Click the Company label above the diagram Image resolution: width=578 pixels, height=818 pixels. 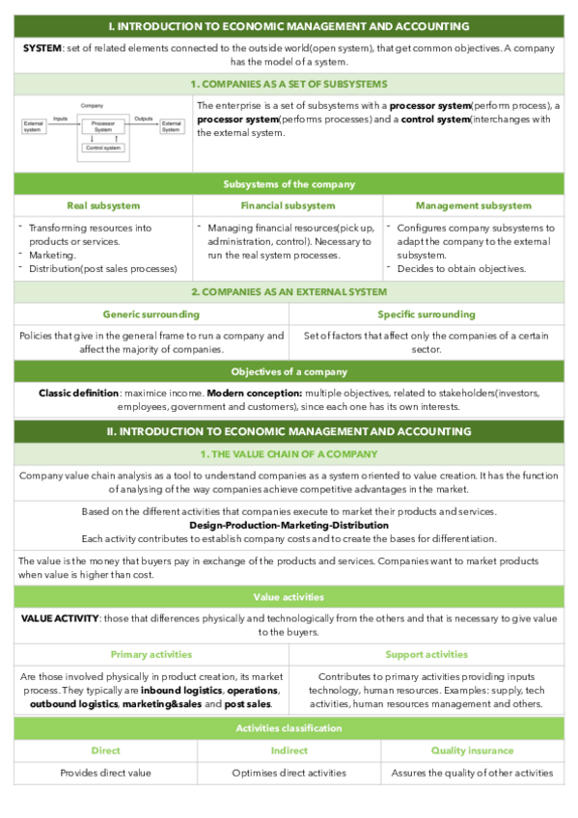93,104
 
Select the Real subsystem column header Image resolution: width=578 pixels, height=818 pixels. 102,205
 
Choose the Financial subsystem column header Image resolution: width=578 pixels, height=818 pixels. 288,205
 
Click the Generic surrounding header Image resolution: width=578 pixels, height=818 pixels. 151,314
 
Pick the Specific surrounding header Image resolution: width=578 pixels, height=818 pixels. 426,314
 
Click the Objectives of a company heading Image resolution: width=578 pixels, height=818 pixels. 289,371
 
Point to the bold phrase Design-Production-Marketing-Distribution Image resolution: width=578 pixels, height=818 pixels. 289,525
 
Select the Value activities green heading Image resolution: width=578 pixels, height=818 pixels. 289,597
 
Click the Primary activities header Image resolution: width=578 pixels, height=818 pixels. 151,654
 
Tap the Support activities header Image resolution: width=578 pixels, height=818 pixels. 426,654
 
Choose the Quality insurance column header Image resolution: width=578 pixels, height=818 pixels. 472,750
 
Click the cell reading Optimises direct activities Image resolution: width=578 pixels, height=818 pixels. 288,773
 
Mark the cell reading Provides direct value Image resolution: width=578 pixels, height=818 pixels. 105,773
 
